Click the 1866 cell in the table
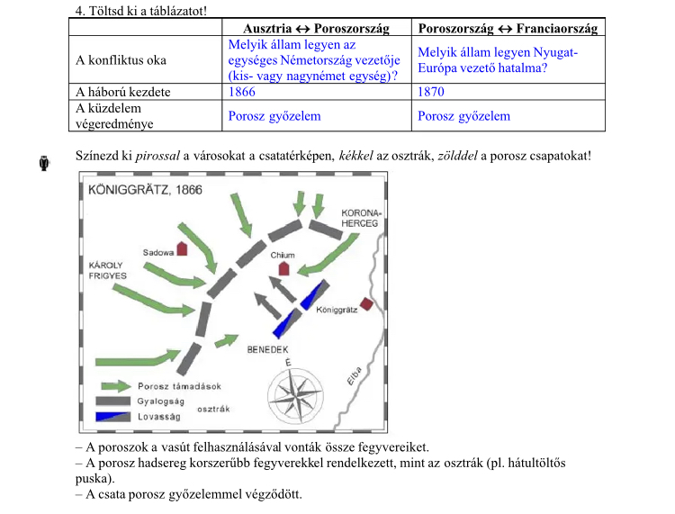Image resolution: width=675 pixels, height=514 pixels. point(243,92)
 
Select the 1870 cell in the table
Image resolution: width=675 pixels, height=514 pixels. point(431,92)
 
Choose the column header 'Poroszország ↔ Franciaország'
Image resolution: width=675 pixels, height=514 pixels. point(508,30)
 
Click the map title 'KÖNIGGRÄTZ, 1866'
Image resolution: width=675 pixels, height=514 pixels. point(140,191)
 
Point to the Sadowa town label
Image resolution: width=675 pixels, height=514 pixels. point(157,253)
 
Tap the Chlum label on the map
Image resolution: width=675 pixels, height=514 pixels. point(283,256)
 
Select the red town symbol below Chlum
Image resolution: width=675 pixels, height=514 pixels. point(284,268)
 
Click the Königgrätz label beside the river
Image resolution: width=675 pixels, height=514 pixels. point(337,309)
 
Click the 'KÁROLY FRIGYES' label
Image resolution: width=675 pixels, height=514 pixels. point(107,270)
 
